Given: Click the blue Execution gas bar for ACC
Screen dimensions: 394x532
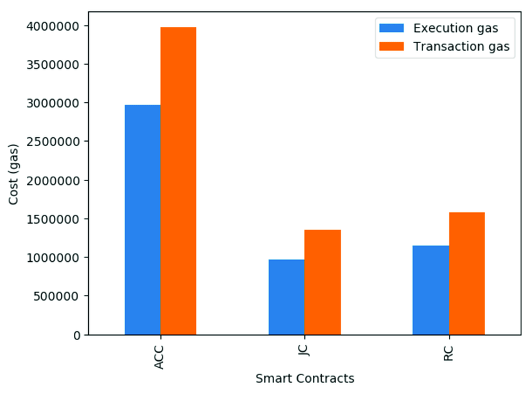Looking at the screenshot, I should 143,219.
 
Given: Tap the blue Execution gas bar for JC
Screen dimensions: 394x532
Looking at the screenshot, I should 287,297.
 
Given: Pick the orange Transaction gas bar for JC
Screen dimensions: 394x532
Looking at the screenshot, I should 323,282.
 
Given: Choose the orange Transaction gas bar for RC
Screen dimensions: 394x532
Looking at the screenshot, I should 467,273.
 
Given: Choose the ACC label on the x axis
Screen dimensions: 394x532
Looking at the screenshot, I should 160,356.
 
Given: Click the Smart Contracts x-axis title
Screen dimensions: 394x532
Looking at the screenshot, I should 305,378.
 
